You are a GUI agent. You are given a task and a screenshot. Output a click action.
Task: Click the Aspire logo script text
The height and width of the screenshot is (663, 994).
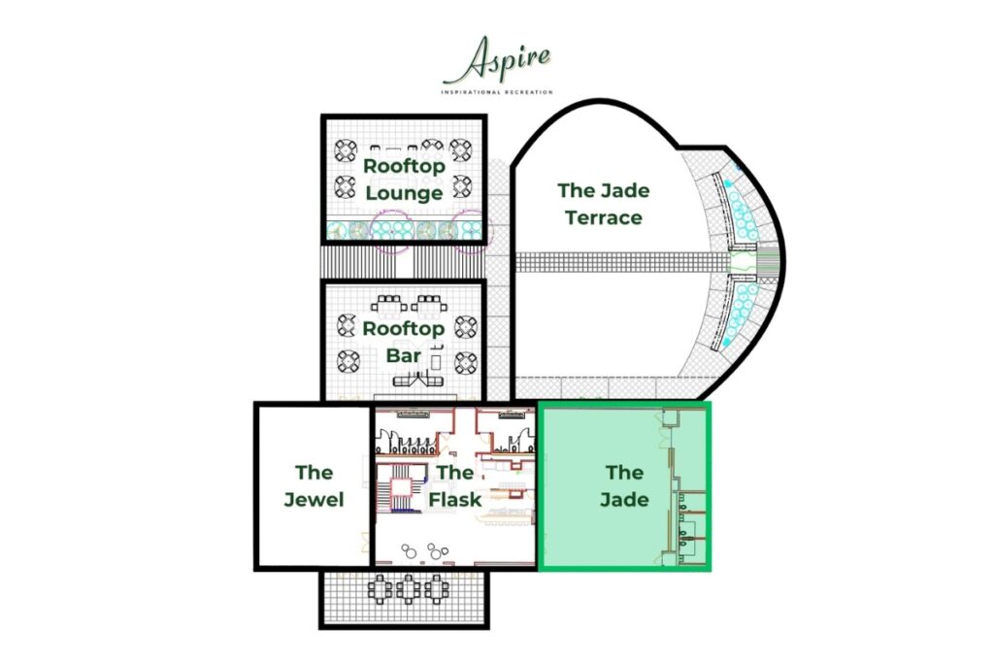(497, 59)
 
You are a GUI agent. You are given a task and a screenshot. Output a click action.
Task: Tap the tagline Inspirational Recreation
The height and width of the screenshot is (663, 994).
(497, 92)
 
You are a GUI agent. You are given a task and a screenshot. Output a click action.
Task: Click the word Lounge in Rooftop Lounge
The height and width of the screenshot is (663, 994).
(404, 193)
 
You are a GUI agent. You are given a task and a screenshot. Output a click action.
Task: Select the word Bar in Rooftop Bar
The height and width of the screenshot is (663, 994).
(404, 355)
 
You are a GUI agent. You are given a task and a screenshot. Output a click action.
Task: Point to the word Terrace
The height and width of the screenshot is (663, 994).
(604, 218)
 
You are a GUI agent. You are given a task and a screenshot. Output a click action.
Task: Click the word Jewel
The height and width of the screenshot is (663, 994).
(314, 500)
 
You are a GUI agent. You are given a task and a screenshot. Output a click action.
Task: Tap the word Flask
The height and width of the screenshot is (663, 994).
(455, 500)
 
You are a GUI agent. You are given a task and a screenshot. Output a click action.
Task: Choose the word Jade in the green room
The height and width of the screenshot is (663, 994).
(624, 500)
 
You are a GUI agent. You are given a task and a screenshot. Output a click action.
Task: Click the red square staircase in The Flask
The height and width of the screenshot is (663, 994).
(401, 486)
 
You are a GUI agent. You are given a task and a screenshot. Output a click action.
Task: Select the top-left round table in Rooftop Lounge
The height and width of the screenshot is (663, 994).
(346, 150)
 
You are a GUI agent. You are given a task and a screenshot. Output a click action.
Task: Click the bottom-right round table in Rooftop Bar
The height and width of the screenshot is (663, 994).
(466, 362)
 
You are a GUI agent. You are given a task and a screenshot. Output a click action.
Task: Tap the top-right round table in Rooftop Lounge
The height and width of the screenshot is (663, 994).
(461, 150)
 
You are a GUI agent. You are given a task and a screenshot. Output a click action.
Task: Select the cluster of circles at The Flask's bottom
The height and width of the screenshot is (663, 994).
(423, 550)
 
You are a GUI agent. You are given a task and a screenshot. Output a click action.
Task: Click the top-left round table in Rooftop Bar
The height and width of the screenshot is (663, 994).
(347, 325)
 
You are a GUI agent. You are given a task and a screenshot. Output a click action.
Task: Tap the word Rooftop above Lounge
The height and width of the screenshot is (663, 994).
(404, 167)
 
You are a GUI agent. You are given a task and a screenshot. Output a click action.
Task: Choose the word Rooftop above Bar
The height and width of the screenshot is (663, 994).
(403, 330)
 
